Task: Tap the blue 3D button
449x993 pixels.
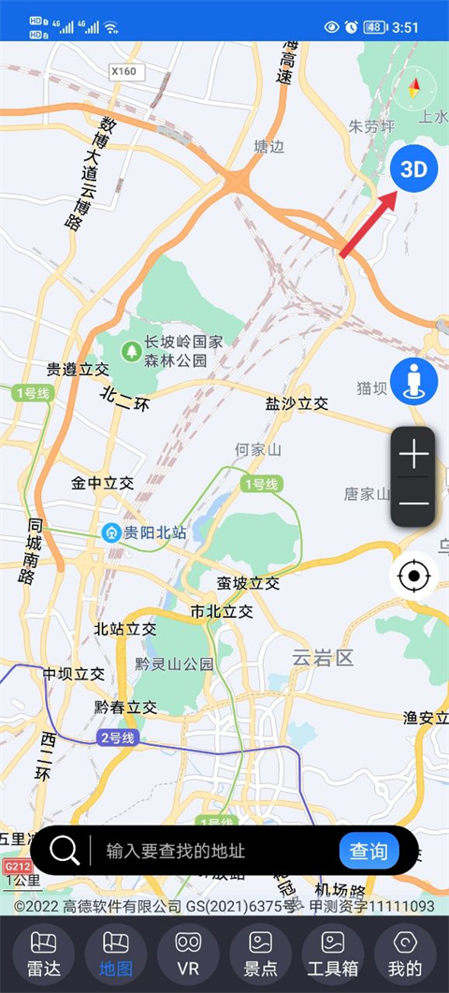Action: point(413,168)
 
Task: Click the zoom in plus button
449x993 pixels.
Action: point(413,455)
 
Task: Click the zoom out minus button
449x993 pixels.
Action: point(413,504)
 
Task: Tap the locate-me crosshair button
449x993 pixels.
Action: point(413,576)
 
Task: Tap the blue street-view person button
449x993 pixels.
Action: point(413,381)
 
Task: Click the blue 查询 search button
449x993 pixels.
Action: point(369,851)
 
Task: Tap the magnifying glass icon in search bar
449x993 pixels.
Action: point(65,851)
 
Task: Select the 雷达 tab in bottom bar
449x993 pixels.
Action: point(44,954)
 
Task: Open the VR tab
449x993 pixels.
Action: point(188,954)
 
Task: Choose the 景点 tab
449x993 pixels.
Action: point(260,954)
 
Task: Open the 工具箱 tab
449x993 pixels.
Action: point(333,954)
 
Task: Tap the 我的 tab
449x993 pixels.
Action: point(405,954)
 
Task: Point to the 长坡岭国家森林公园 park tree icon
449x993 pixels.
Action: point(131,351)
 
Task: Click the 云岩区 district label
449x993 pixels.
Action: point(323,658)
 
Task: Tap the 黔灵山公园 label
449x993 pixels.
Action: point(174,664)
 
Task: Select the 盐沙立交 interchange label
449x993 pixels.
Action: point(297,403)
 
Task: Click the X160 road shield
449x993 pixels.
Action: point(123,70)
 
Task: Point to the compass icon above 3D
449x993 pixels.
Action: point(414,91)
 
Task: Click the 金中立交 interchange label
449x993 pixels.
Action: point(103,484)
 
